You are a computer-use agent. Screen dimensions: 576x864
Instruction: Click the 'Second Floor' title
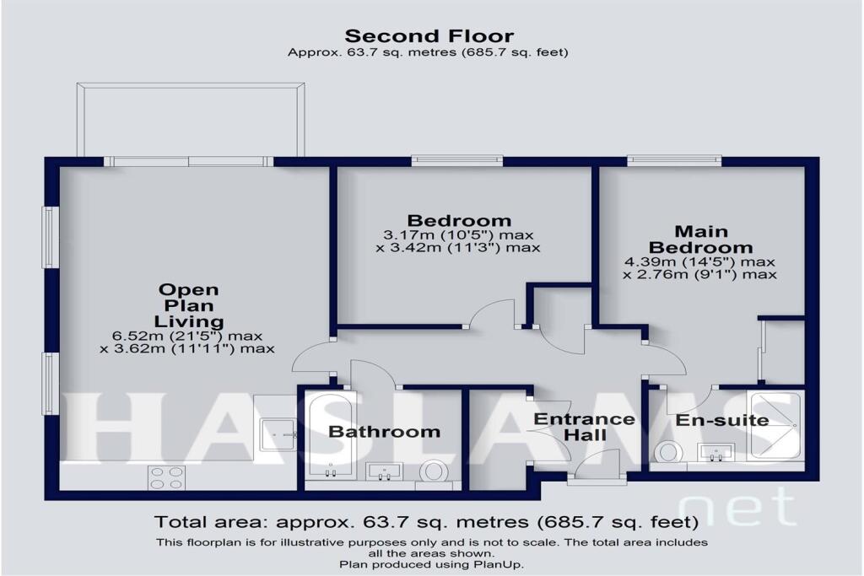(x=429, y=35)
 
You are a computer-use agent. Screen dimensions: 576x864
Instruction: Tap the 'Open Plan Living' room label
(x=190, y=305)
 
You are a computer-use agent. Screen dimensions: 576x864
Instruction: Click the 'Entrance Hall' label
(x=584, y=427)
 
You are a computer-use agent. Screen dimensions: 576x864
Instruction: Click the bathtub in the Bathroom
(x=330, y=437)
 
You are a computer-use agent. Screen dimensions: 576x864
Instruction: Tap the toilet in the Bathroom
(x=434, y=471)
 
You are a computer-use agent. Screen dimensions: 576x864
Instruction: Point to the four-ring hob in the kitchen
(x=166, y=477)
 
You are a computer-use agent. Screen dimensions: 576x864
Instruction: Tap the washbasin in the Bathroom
(x=387, y=472)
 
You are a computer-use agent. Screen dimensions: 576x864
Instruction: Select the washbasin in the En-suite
(x=716, y=454)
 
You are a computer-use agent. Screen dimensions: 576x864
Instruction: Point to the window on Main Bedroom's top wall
(x=674, y=159)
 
